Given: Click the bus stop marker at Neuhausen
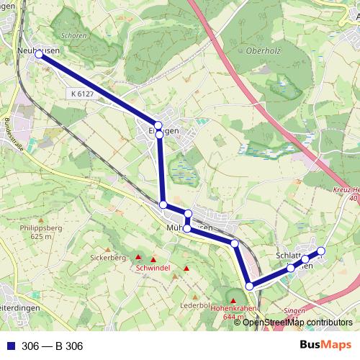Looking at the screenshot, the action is pos(39,54).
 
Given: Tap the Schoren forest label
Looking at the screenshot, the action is pos(75,35).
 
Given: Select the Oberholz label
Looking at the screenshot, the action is pos(261,50).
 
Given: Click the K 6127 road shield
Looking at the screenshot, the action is pos(83,94).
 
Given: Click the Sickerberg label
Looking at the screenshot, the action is pos(108,256).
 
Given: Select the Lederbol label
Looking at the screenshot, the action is pos(194,305).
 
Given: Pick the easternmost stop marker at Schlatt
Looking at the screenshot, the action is pos(321,251).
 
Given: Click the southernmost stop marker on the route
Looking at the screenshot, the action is pos(250,287).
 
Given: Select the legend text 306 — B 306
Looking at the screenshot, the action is pos(53,346).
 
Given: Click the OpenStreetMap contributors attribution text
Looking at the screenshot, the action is pos(297,322).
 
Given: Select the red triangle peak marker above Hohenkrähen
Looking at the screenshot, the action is pos(233,299).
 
